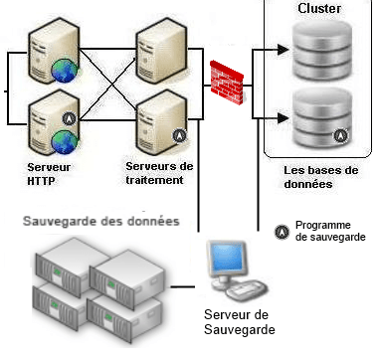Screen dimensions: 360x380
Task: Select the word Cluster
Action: tap(320, 9)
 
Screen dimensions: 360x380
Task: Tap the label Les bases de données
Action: tap(320, 177)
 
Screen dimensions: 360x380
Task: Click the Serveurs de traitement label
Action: tap(161, 172)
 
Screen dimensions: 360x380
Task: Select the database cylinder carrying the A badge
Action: tap(320, 114)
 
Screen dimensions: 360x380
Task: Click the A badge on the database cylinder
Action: tap(341, 134)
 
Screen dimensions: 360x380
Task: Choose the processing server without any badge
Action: tap(161, 45)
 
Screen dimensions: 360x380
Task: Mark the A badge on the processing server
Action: tap(179, 133)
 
